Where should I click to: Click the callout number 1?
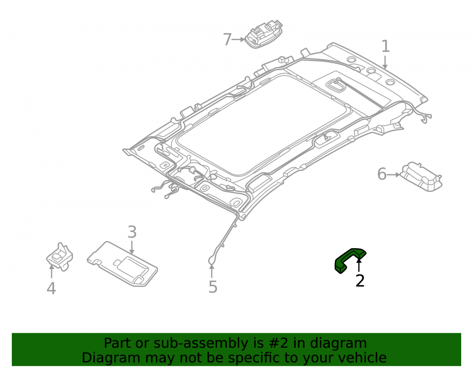click(x=385, y=46)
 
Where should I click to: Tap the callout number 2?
click(x=360, y=281)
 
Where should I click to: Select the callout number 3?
click(x=132, y=232)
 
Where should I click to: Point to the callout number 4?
click(x=51, y=288)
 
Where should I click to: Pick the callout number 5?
click(x=213, y=286)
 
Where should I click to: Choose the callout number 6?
click(x=382, y=174)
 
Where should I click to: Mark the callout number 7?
click(x=227, y=40)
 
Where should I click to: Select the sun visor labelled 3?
click(x=122, y=264)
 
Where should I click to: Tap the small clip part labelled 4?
click(x=60, y=257)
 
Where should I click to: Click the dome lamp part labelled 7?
click(x=263, y=34)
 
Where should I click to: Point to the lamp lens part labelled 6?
click(x=421, y=177)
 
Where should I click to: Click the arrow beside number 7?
click(x=238, y=40)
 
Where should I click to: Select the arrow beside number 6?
click(x=394, y=174)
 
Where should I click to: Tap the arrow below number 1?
click(x=385, y=62)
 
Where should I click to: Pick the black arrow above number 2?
click(x=359, y=265)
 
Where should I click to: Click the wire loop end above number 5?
click(x=211, y=260)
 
